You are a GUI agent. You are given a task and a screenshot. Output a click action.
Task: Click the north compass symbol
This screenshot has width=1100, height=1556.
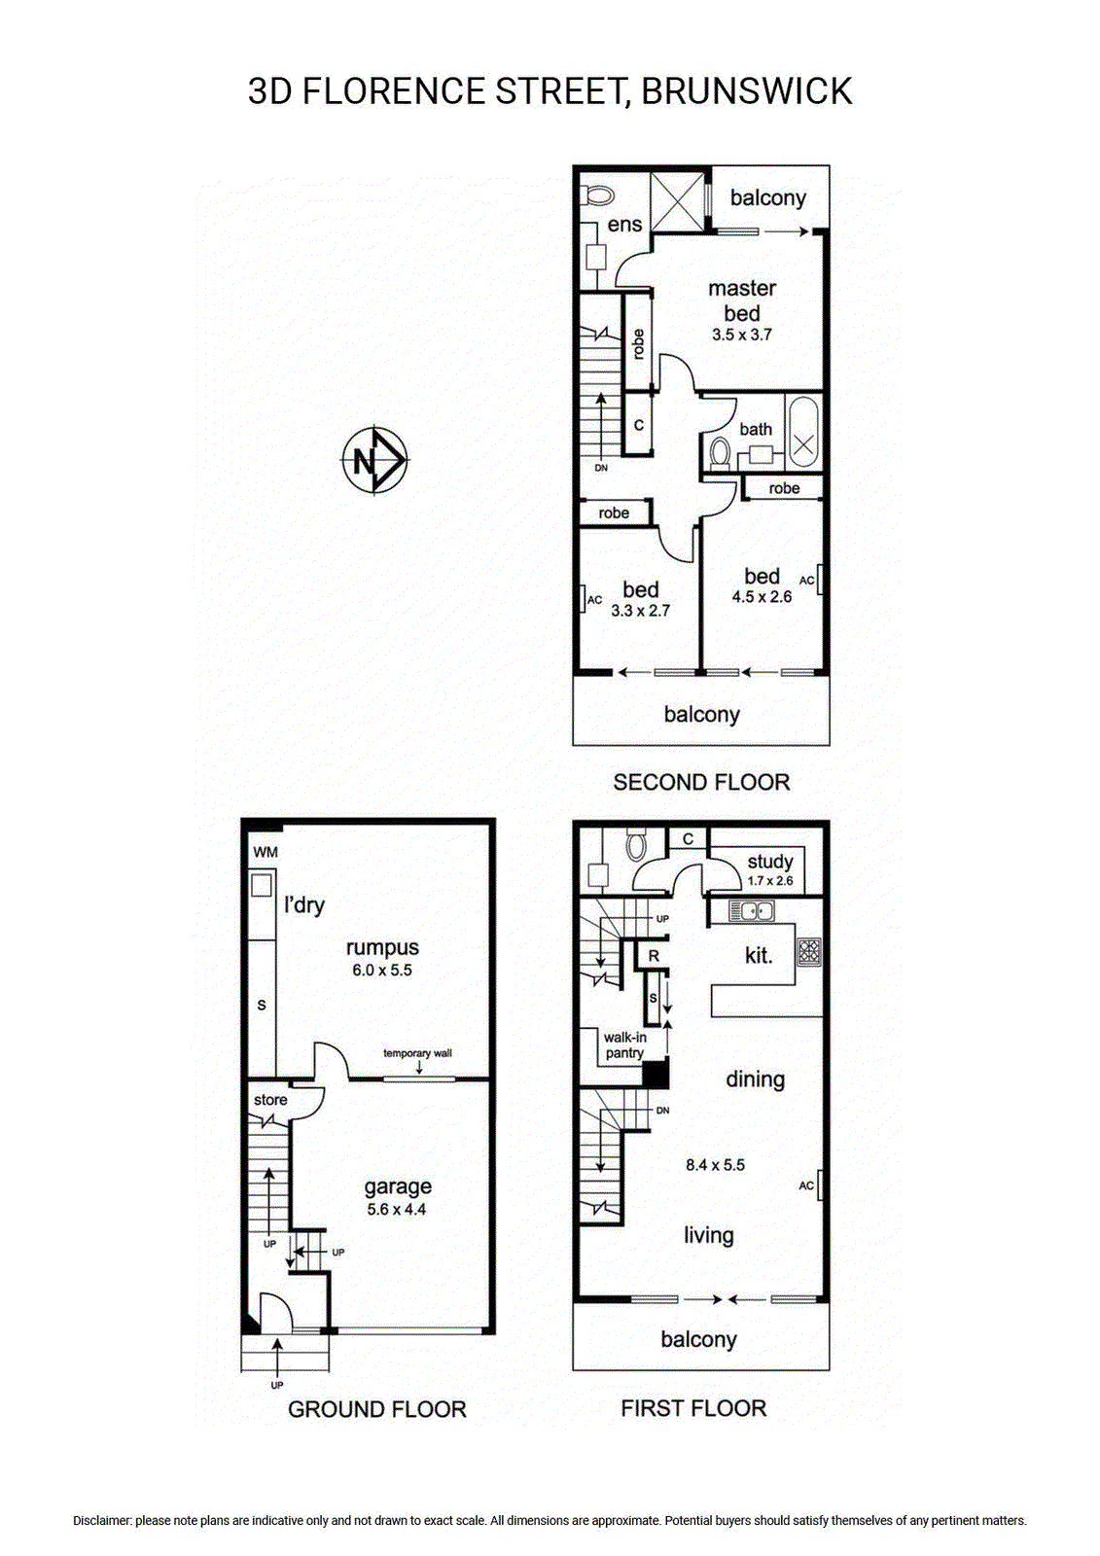coord(375,459)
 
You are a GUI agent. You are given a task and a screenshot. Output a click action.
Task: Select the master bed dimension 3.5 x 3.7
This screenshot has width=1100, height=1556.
coord(741,335)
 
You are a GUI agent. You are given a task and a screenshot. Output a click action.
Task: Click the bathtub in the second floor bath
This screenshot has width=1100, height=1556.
coord(804,432)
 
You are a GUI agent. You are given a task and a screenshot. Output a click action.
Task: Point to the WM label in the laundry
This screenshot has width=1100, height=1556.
coord(266,852)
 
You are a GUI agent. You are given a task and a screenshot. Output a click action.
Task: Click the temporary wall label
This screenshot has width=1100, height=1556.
coord(417,1053)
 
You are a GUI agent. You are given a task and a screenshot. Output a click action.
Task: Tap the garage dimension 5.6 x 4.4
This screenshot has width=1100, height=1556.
coord(397,1210)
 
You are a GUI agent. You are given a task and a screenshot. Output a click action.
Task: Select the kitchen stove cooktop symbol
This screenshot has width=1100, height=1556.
coord(809,952)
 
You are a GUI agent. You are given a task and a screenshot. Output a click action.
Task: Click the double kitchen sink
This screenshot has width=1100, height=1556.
coord(751,910)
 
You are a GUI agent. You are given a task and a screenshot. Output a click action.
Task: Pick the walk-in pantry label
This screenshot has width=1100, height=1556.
coord(624,1045)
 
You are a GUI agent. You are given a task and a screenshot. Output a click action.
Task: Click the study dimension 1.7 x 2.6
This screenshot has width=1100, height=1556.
coord(770,881)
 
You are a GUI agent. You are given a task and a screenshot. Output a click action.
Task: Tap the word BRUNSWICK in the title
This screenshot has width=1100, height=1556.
coord(746,91)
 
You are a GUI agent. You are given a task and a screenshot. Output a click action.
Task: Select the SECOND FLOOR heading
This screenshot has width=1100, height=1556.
coord(701,782)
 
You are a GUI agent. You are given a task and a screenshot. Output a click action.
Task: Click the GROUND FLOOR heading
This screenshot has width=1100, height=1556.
coord(377,1409)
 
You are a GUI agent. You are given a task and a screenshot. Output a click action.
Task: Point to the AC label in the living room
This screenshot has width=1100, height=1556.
coord(806,1185)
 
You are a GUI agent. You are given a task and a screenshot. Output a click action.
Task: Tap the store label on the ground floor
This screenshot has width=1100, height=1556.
coord(270,1100)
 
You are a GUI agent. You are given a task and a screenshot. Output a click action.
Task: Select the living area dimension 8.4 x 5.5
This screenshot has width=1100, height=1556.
coord(715,1165)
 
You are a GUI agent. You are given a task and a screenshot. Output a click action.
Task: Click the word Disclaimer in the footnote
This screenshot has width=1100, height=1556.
coord(102,1521)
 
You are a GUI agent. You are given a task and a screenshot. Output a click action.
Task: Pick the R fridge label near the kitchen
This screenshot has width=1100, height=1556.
coord(654,956)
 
